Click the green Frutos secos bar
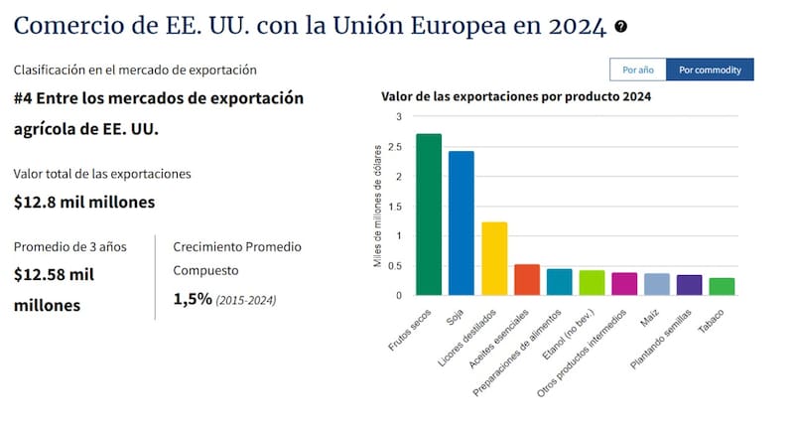pyautogui.click(x=429, y=215)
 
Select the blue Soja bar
pyautogui.click(x=461, y=223)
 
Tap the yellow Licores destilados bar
pyautogui.click(x=493, y=258)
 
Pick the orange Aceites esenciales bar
pyautogui.click(x=526, y=280)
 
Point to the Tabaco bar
pyautogui.click(x=722, y=286)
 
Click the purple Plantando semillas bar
pyautogui.click(x=689, y=285)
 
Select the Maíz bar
pyautogui.click(x=656, y=284)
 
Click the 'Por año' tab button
pyautogui.click(x=637, y=70)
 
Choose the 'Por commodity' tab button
pyautogui.click(x=710, y=70)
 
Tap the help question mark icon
pyautogui.click(x=620, y=27)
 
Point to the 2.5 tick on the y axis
pyautogui.click(x=396, y=147)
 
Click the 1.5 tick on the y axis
pyautogui.click(x=396, y=207)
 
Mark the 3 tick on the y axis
pyautogui.click(x=399, y=117)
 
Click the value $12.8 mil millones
pyautogui.click(x=83, y=202)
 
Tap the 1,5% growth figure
pyautogui.click(x=193, y=298)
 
